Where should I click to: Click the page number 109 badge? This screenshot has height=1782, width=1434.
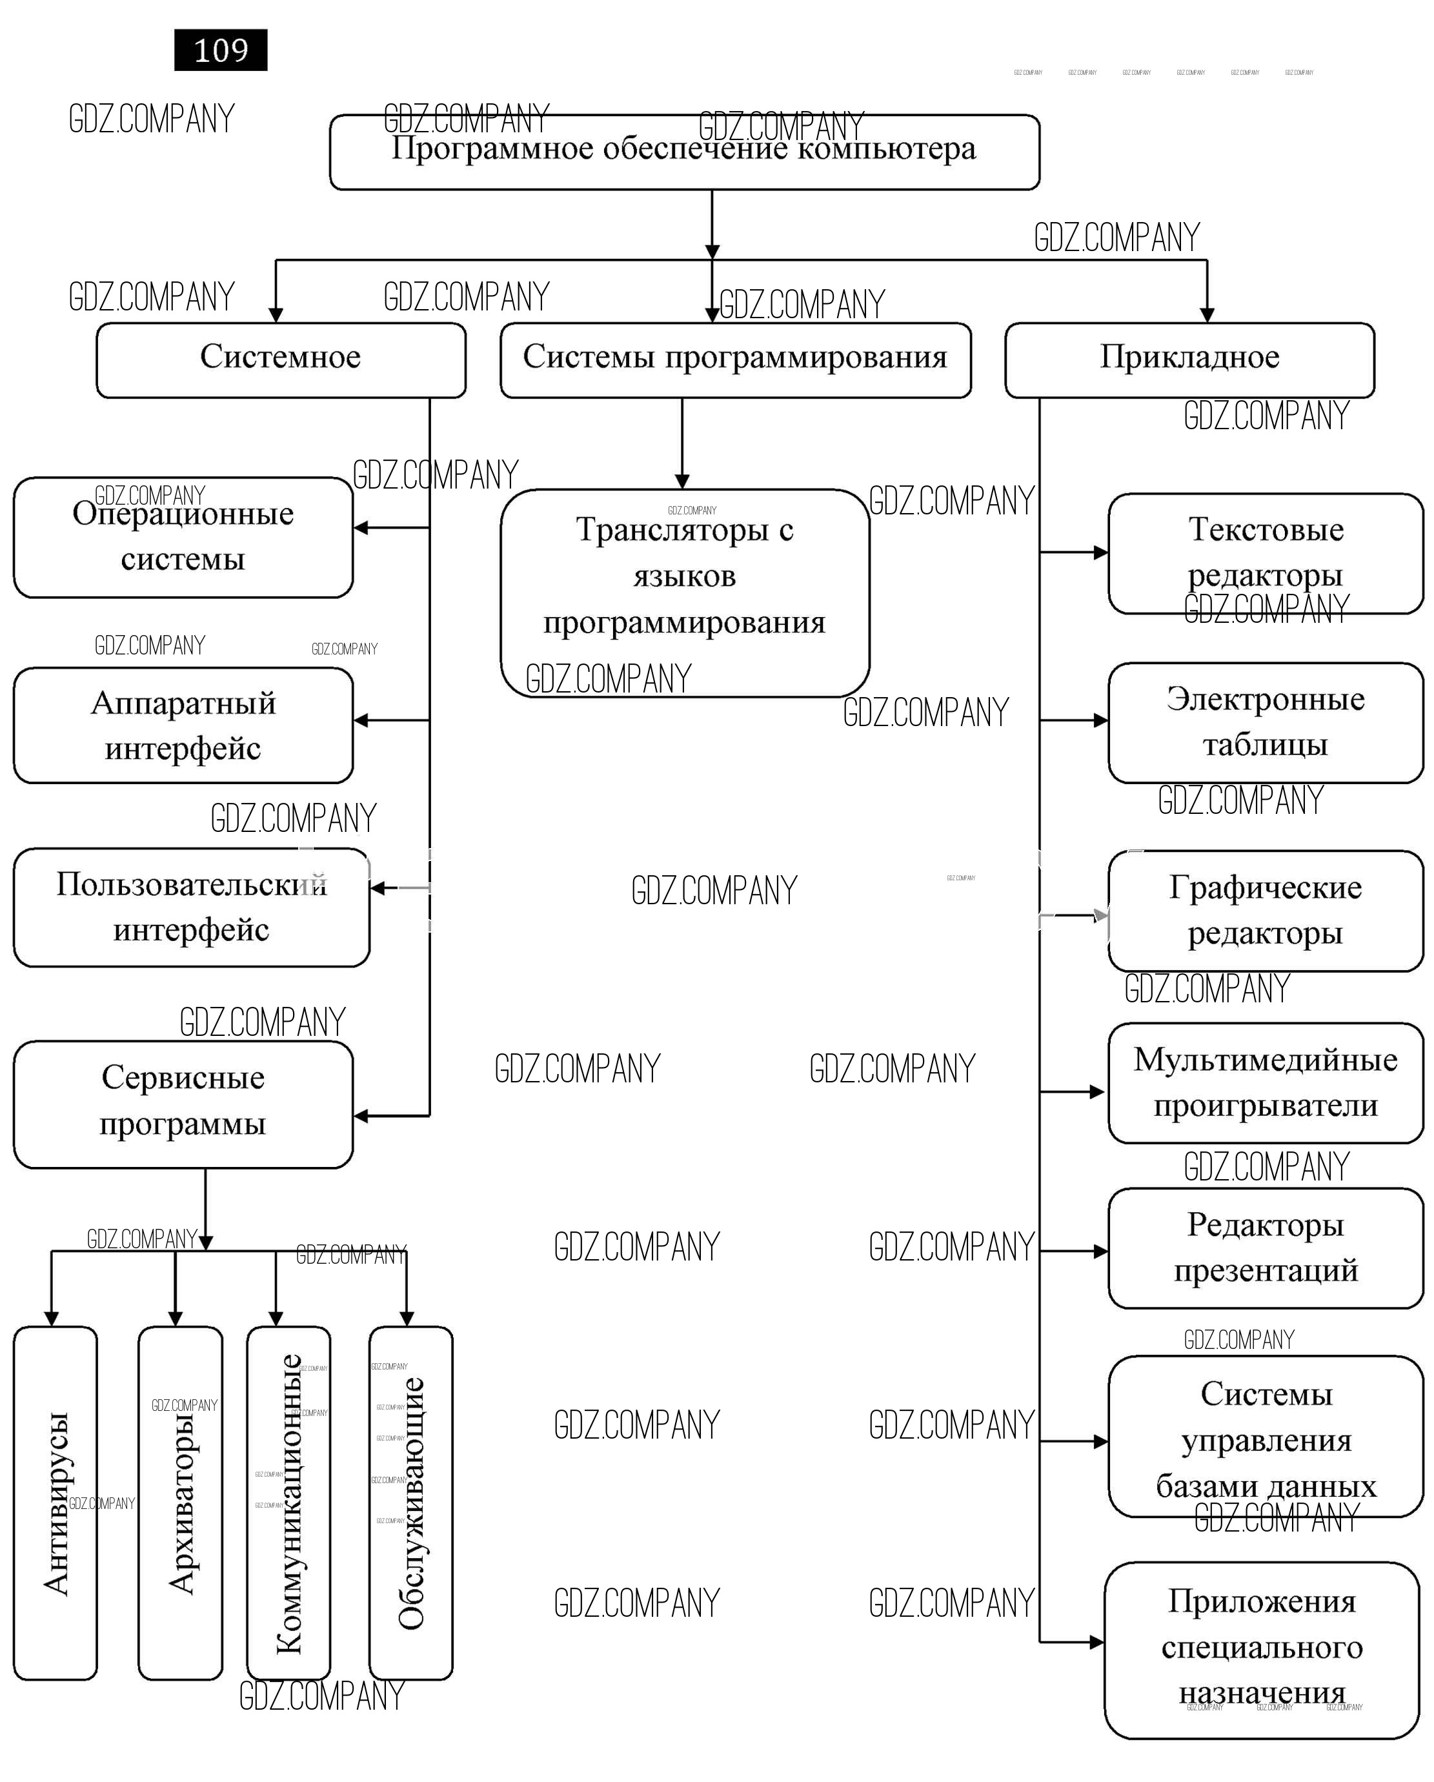click(x=221, y=50)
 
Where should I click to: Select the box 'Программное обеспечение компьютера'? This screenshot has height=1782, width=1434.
click(x=684, y=153)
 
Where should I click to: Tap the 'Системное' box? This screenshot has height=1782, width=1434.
click(x=281, y=360)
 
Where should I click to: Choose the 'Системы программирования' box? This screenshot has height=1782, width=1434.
click(x=735, y=360)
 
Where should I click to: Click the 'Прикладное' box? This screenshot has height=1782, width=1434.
click(x=1189, y=360)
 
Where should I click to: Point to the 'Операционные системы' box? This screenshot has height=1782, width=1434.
click(x=183, y=537)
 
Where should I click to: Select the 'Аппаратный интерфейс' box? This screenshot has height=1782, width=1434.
click(x=183, y=725)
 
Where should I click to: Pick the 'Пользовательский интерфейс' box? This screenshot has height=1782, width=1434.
click(x=191, y=907)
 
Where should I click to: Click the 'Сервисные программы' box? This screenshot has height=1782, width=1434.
click(x=183, y=1104)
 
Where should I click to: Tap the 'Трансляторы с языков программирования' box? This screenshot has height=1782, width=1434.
click(x=684, y=592)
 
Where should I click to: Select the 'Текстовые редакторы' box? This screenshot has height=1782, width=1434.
click(x=1266, y=553)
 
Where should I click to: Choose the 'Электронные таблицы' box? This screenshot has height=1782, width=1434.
click(x=1266, y=722)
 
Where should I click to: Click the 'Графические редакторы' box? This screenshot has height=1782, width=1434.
click(x=1266, y=911)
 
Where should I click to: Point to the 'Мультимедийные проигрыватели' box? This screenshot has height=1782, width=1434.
click(x=1266, y=1083)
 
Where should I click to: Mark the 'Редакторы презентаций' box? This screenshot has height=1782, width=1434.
click(x=1266, y=1248)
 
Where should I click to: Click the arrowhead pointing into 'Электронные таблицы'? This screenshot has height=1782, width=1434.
click(x=1100, y=721)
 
